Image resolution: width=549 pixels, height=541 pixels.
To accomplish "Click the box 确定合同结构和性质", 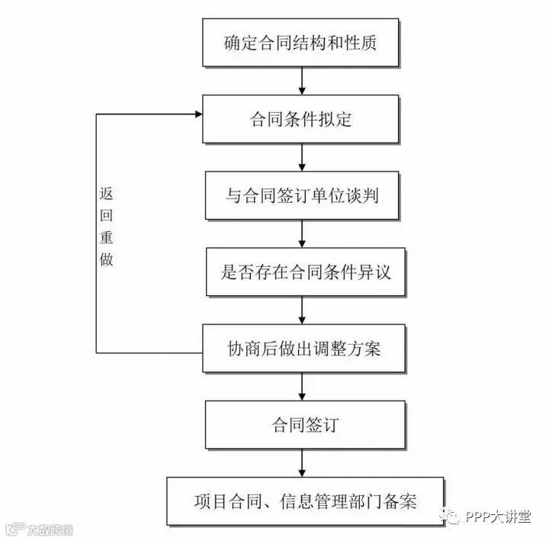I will tap(302, 42).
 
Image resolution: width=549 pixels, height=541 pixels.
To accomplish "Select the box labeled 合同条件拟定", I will tap(302, 118).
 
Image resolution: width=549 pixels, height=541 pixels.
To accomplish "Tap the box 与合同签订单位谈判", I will tap(302, 195).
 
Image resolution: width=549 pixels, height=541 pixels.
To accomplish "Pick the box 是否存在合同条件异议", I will tap(302, 271).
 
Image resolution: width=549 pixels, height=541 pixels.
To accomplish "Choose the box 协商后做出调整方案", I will tap(302, 348).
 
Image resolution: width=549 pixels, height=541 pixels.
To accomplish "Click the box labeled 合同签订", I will tap(302, 424).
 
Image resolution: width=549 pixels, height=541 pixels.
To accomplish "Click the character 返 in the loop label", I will tap(106, 192).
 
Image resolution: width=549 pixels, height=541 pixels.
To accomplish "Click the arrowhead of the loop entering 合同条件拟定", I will tap(197, 114).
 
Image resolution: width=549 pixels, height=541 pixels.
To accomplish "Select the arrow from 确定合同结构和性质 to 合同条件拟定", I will tap(302, 80).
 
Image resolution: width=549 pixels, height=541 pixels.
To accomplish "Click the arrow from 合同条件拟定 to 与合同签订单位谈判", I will tap(302, 156).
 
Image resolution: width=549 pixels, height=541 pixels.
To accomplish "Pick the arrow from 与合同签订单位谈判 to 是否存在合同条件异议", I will tap(302, 233).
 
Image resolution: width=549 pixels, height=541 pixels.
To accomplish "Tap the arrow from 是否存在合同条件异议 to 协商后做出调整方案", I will tap(302, 310).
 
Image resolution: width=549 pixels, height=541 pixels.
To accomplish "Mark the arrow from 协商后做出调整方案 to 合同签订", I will tap(302, 386).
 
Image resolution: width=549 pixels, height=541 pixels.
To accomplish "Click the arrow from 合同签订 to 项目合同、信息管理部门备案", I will tap(302, 462).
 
